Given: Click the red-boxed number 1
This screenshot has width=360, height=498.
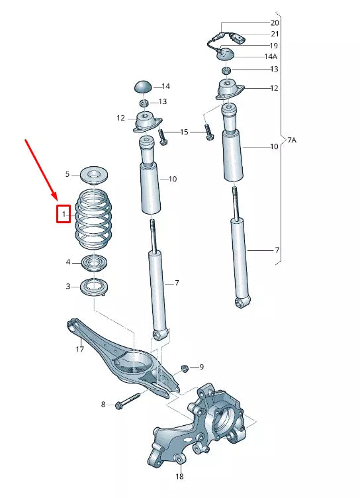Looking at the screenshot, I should click(x=64, y=214).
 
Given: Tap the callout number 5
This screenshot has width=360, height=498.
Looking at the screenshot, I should click(x=67, y=174).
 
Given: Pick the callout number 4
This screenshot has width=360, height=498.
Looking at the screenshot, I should click(x=67, y=262).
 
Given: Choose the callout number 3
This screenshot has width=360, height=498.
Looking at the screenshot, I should click(x=67, y=286).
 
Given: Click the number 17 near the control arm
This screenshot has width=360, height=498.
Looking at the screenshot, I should click(x=79, y=349).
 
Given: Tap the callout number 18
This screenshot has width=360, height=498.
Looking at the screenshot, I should click(x=179, y=477).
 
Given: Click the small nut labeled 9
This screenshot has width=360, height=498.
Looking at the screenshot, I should click(x=185, y=367).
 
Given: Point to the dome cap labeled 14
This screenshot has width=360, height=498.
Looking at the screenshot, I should click(x=144, y=86).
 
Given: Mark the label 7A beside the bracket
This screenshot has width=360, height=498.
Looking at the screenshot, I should click(x=291, y=140).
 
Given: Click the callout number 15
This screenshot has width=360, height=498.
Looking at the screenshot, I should click(x=185, y=133).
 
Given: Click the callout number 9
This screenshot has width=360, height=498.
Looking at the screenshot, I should click(x=201, y=367).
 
